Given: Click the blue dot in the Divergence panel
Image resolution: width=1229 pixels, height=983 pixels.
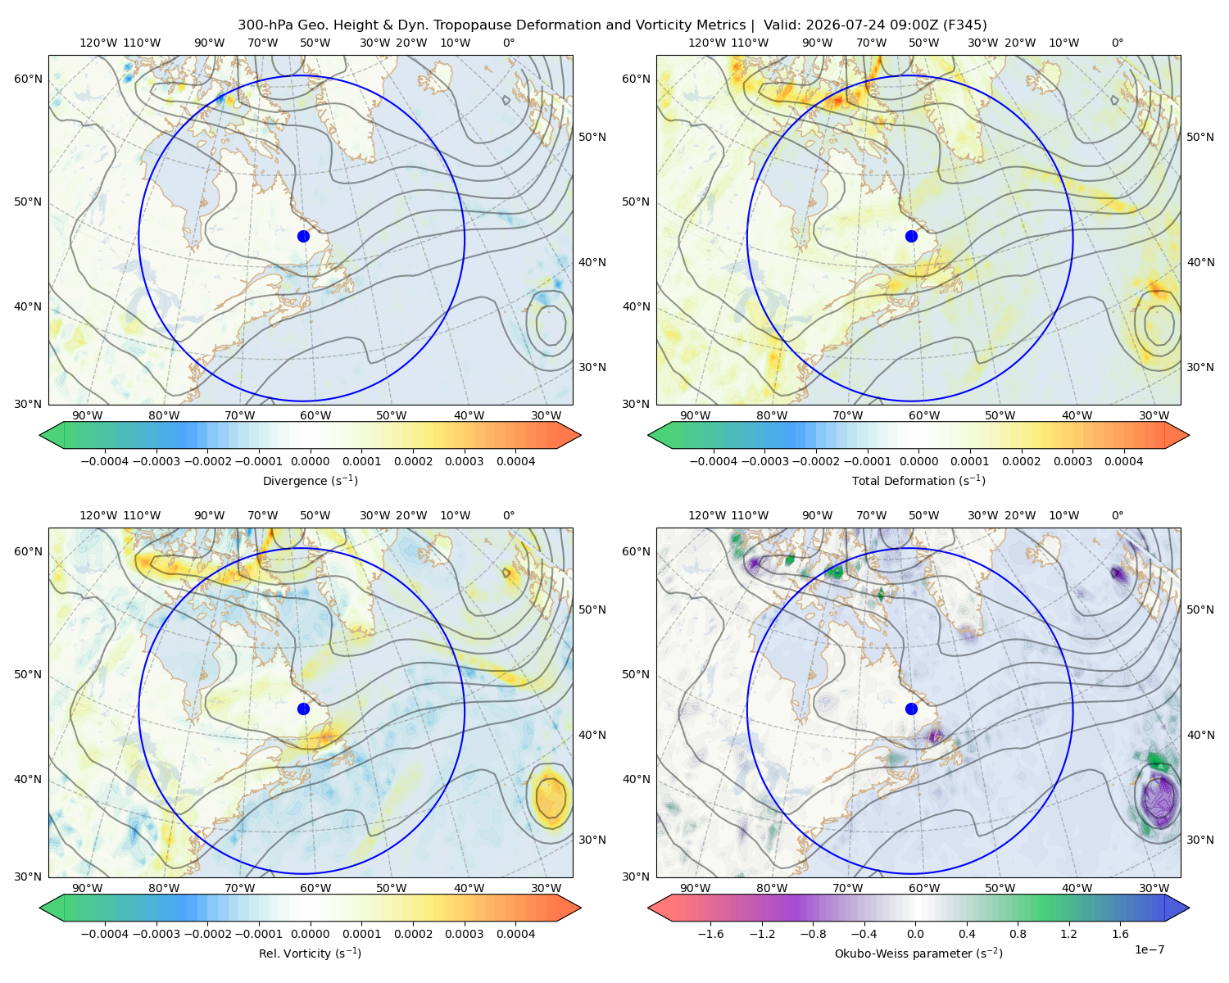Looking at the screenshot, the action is point(303,236).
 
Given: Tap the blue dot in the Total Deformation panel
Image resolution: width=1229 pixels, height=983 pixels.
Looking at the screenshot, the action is point(911,236).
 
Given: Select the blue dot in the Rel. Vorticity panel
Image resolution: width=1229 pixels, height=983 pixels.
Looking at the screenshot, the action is point(303,709).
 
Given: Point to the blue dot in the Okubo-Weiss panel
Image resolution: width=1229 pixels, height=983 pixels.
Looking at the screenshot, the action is point(911,709).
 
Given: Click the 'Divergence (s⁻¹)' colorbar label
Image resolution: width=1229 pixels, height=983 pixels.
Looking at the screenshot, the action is point(310,480).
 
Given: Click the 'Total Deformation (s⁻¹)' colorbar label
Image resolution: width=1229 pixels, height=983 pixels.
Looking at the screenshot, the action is point(918,480).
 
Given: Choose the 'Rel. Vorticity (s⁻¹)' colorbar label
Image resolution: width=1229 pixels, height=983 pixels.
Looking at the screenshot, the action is point(310,953).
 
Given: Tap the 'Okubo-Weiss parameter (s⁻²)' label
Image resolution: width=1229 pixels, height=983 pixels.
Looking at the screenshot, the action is point(918,953).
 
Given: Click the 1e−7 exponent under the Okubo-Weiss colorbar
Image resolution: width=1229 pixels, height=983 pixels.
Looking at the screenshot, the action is point(1149,949).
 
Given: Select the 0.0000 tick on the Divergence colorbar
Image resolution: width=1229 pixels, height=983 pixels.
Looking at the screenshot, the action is point(310,461).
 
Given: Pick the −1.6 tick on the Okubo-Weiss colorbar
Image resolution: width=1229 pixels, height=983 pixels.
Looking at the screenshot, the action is point(710,933).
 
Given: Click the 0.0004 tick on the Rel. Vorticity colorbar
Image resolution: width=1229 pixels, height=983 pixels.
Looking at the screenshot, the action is point(515,933).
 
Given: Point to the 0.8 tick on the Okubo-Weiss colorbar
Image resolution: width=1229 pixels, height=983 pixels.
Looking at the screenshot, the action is point(1018,933).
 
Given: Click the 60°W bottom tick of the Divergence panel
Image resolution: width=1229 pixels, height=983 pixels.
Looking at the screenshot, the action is point(315,415).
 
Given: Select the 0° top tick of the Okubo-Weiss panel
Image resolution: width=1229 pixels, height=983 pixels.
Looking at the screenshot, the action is point(1117,515).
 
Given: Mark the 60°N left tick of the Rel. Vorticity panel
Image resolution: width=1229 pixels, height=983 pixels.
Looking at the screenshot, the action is point(28,551).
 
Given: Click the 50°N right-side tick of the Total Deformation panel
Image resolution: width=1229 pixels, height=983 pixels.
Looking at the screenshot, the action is point(1200,137).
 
